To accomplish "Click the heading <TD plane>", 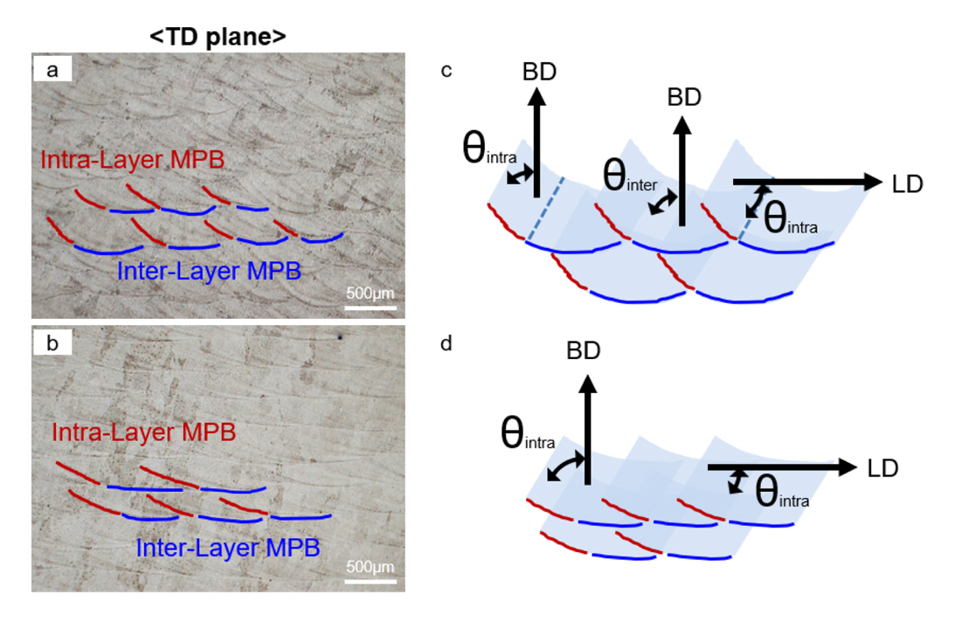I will point(219,38).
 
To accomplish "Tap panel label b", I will point(52,343).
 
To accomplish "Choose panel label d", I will point(446,343).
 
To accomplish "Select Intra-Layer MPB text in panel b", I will point(144,432).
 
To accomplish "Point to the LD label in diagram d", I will point(882,468).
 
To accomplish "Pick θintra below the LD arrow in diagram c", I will point(790,218).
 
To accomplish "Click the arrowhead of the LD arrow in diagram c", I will point(874,182).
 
